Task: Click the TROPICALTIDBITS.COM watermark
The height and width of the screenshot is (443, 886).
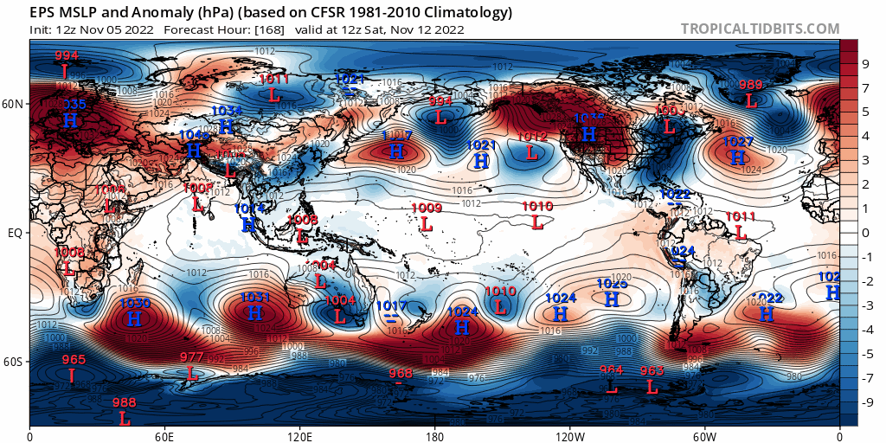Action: (760, 29)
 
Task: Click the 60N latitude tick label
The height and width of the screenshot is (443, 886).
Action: (14, 104)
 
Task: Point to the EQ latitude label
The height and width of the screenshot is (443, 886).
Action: (16, 233)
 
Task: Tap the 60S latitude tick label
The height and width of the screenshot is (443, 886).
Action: (14, 362)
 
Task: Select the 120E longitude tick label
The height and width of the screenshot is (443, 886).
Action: (299, 434)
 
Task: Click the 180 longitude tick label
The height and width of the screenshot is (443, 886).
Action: (434, 434)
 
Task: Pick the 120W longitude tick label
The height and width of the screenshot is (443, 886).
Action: (569, 434)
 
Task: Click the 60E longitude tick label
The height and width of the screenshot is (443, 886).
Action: (164, 434)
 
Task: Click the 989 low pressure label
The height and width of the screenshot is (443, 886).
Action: (751, 85)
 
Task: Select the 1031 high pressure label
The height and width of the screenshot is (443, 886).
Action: (255, 298)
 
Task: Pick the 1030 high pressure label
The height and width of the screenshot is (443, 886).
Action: (134, 304)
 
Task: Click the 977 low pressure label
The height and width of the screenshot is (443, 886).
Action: (192, 357)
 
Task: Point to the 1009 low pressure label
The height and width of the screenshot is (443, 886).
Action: (427, 208)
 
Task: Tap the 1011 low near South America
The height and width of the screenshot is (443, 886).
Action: (741, 216)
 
